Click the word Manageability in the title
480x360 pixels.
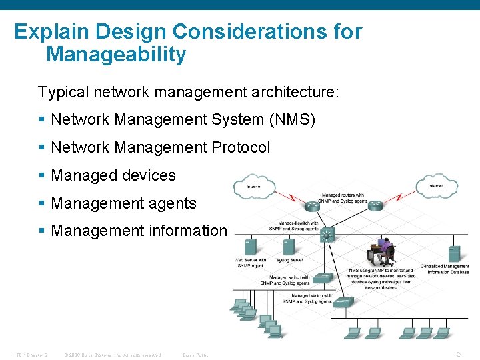[116, 55]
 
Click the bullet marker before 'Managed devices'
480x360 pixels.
[42, 176]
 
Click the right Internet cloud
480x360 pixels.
[436, 185]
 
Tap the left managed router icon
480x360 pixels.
[313, 205]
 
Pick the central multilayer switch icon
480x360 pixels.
[327, 235]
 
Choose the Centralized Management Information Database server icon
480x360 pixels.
[454, 253]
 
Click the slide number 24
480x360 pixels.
[459, 354]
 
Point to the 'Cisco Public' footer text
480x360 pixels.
[195, 355]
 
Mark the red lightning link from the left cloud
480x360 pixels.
[288, 195]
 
